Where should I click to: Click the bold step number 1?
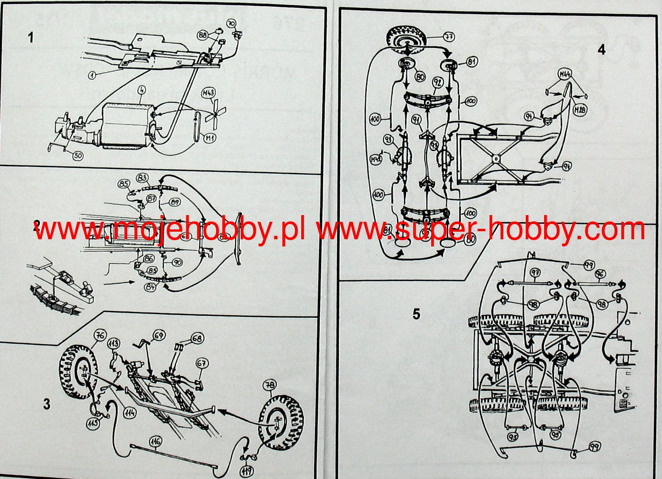click(x=30, y=37)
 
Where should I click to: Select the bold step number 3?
click(x=47, y=404)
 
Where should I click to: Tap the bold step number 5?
click(x=416, y=314)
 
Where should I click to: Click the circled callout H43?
click(x=209, y=94)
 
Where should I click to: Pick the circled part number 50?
click(x=78, y=155)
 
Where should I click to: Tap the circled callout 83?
click(x=143, y=178)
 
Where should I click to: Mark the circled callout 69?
click(x=158, y=335)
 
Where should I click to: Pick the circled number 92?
click(x=437, y=82)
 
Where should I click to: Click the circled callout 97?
click(x=535, y=272)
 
